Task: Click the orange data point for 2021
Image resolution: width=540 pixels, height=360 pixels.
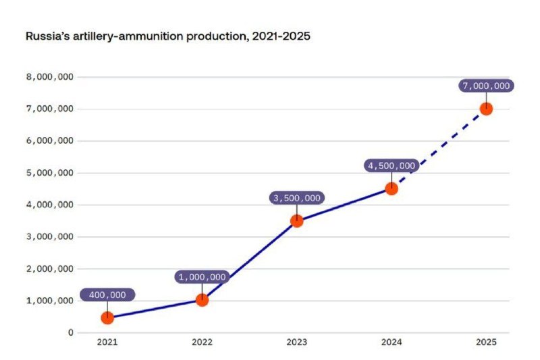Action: coord(107,317)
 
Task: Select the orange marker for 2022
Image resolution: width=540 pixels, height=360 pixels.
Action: coord(202,300)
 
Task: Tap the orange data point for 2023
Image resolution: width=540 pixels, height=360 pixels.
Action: coord(296,220)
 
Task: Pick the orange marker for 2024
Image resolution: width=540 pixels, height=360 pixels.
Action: coord(391,188)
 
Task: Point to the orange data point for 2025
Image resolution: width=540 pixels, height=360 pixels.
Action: coord(485,109)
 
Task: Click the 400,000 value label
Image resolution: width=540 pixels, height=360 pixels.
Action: coord(107,295)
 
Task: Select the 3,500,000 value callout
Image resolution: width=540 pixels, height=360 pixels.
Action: coord(296,198)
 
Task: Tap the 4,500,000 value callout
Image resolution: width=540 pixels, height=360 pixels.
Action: coord(391,165)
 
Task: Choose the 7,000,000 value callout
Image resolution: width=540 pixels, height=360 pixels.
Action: coord(485,86)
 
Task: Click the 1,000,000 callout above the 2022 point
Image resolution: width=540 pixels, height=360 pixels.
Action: coord(202,277)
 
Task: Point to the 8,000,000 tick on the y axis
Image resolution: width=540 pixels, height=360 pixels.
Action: coord(49,77)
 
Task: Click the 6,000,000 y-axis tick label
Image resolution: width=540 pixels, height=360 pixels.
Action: coord(49,140)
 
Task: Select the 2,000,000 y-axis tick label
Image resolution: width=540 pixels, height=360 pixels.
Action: coord(49,269)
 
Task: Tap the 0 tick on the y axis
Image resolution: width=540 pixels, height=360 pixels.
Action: coord(70,332)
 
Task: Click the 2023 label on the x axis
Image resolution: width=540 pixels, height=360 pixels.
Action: coord(296,343)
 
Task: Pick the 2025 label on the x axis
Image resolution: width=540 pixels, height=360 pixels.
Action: coord(485,343)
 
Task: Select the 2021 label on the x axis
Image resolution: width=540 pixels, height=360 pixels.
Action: coord(107,343)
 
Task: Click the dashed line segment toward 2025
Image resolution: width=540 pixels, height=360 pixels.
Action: coord(439,149)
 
